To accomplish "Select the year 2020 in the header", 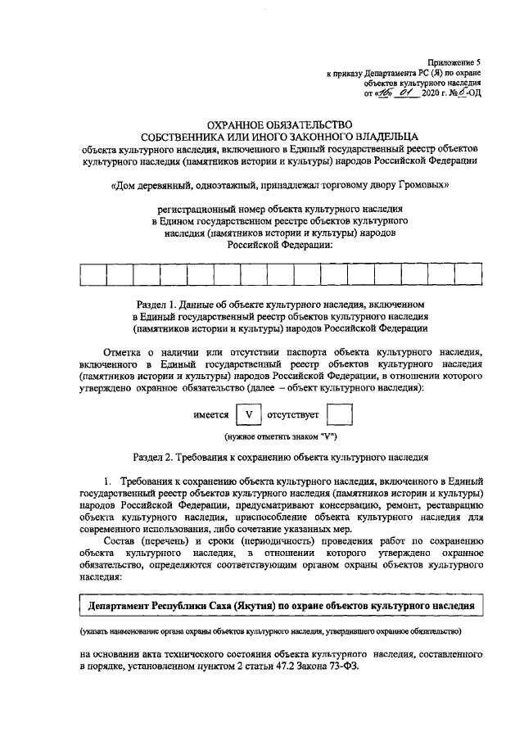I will [x=430, y=93].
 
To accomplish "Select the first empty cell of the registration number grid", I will [x=93, y=274].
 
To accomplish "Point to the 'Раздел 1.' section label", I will [x=159, y=305].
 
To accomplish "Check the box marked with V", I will [x=249, y=415].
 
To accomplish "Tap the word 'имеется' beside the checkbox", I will [x=210, y=415].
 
